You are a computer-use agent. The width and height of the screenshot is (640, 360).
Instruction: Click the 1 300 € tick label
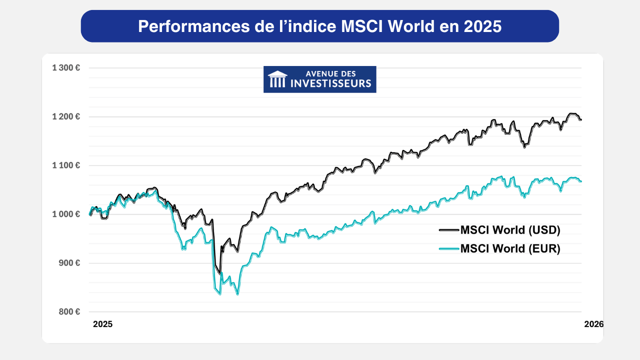tap(66, 67)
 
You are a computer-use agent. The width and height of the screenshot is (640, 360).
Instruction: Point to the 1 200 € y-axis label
tap(66, 116)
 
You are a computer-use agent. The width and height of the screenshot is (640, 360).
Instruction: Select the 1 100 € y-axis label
tap(66, 165)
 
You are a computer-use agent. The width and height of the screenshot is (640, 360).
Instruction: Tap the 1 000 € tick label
tap(66, 214)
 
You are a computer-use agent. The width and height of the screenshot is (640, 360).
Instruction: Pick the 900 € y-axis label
tap(69, 263)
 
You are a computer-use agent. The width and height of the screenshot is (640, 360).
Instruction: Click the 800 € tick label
tap(69, 311)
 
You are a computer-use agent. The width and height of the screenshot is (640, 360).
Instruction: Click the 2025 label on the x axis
tap(103, 324)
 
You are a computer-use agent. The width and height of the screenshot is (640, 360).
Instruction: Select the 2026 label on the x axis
tap(594, 324)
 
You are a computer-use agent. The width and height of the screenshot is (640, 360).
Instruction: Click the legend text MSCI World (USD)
tap(510, 230)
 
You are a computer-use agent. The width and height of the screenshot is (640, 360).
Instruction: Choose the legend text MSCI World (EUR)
tap(510, 248)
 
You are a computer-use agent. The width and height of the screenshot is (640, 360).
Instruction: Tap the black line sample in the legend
tap(448, 230)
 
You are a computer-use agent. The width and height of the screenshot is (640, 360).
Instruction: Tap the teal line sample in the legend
tap(448, 248)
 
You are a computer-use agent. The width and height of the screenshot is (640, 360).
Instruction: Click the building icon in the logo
tap(277, 79)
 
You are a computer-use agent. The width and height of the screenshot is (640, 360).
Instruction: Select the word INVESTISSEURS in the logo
tap(331, 83)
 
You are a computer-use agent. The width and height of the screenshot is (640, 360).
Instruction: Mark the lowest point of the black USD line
tap(220, 274)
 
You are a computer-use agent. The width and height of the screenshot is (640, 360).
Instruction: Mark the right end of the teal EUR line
tap(581, 181)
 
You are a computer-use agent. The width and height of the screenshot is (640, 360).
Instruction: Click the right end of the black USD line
tap(581, 119)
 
